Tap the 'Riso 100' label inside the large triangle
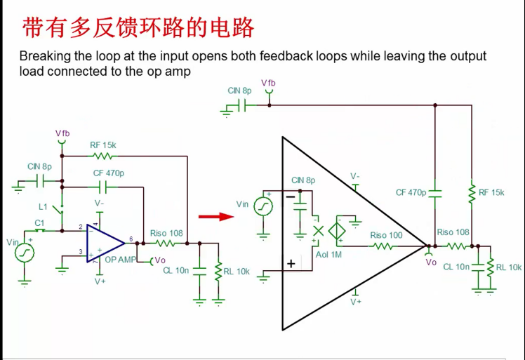pyautogui.click(x=386, y=235)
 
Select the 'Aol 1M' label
pyautogui.click(x=328, y=255)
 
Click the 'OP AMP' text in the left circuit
pyautogui.click(x=120, y=260)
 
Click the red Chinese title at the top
pyautogui.click(x=138, y=28)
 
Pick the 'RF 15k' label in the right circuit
pyautogui.click(x=491, y=192)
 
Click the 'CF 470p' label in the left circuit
pyautogui.click(x=109, y=173)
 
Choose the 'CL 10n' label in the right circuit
pyautogui.click(x=456, y=267)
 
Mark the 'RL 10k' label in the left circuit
pyautogui.click(x=237, y=271)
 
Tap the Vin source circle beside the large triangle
pyautogui.click(x=263, y=206)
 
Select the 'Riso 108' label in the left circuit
pyautogui.click(x=166, y=233)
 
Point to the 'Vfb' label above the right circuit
pyautogui.click(x=268, y=83)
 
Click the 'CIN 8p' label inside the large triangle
pyautogui.click(x=303, y=180)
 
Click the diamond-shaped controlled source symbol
pyautogui.click(x=338, y=229)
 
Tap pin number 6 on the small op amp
pyautogui.click(x=131, y=240)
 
